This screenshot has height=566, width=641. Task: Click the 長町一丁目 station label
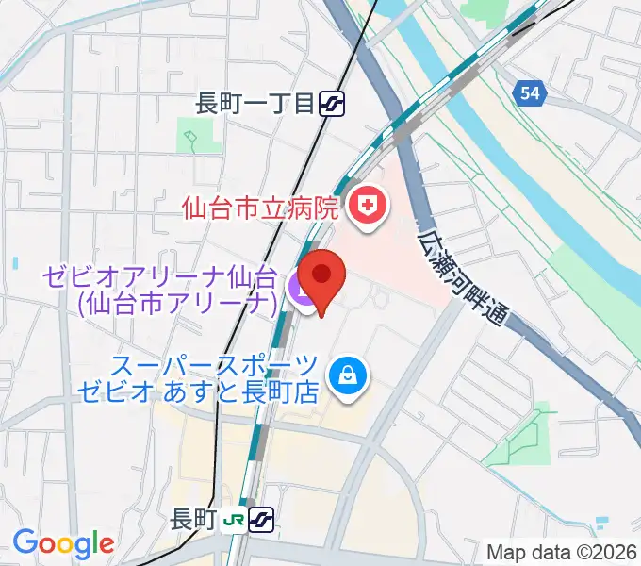[254, 104]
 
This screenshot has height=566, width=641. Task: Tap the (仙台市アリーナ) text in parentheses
[176, 304]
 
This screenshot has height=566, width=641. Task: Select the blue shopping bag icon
[348, 375]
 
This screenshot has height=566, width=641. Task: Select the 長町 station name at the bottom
[194, 519]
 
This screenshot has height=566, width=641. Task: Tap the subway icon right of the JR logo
[263, 519]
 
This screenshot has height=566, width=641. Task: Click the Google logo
[63, 544]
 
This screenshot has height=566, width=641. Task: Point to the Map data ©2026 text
[562, 552]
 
